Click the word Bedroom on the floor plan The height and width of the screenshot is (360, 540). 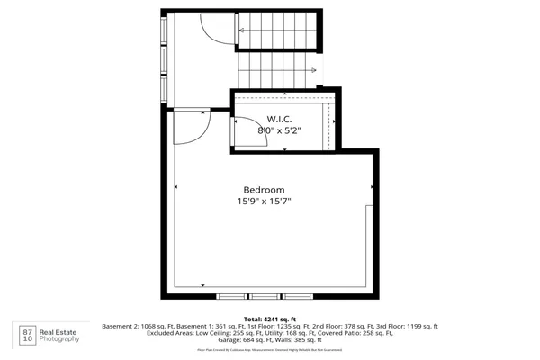(264, 190)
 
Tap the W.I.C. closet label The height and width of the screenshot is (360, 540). (278, 119)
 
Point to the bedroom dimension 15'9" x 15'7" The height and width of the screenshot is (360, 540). (264, 202)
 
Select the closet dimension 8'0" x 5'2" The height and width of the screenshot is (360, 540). (278, 130)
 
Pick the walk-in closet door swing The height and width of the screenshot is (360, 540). (244, 132)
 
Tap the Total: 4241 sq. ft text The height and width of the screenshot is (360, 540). (269, 319)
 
